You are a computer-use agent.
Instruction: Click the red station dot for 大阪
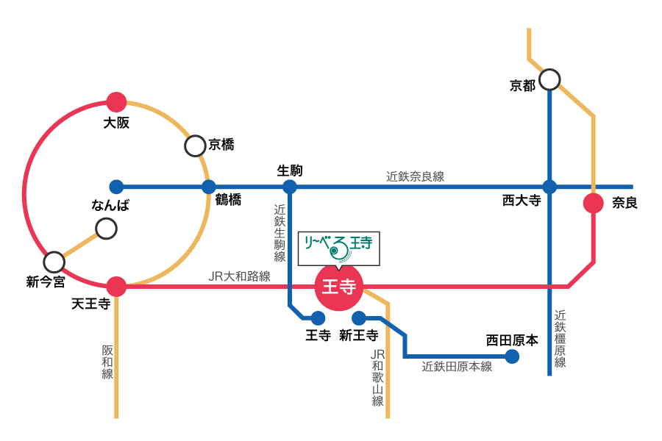pyautogui.click(x=116, y=102)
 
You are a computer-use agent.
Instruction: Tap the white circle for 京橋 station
pyautogui.click(x=195, y=146)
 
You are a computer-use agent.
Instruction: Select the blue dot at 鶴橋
pyautogui.click(x=209, y=187)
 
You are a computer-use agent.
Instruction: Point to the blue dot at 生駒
pyautogui.click(x=290, y=187)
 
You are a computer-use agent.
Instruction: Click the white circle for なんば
pyautogui.click(x=106, y=229)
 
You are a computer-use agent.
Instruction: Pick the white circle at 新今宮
pyautogui.click(x=54, y=262)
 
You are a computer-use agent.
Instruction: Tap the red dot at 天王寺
pyautogui.click(x=116, y=287)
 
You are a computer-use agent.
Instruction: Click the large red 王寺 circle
pyautogui.click(x=339, y=287)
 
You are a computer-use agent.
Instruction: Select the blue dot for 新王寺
pyautogui.click(x=359, y=318)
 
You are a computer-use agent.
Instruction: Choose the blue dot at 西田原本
pyautogui.click(x=512, y=356)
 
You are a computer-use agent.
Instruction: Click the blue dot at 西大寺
pyautogui.click(x=549, y=187)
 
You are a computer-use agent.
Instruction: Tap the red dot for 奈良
pyautogui.click(x=594, y=204)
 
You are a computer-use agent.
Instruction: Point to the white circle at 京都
pyautogui.click(x=549, y=79)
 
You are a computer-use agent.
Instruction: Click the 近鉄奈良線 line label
pyautogui.click(x=415, y=176)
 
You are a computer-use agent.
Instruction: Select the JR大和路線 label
pyautogui.click(x=239, y=276)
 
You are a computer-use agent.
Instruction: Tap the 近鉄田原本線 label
pyautogui.click(x=457, y=366)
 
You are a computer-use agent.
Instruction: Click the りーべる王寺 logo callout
pyautogui.click(x=339, y=248)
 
